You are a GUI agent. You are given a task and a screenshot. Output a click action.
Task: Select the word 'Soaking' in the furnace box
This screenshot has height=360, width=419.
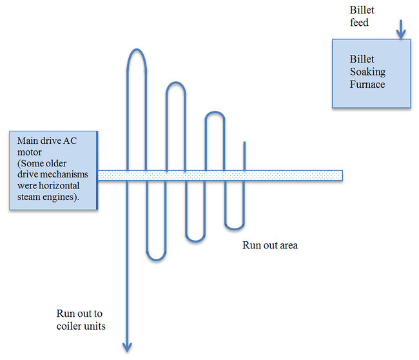tap(367, 71)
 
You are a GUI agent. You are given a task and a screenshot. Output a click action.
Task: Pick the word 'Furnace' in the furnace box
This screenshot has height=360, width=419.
tap(367, 84)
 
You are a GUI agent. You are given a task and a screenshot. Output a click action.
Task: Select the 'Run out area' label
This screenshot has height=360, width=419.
tap(270, 245)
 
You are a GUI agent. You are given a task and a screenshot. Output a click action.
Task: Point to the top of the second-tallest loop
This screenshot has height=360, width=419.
tap(176, 83)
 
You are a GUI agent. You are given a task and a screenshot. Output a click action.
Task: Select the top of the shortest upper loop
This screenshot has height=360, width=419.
tap(215, 114)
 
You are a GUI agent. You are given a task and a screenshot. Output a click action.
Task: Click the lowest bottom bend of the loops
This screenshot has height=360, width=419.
tap(157, 259)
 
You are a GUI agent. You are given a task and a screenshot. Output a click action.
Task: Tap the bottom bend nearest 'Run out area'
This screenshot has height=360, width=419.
tap(234, 228)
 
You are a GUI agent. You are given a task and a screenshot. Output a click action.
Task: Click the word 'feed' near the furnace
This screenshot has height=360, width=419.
tap(359, 23)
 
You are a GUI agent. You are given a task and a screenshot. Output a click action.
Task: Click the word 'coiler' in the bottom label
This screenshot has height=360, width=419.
tap(70, 326)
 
